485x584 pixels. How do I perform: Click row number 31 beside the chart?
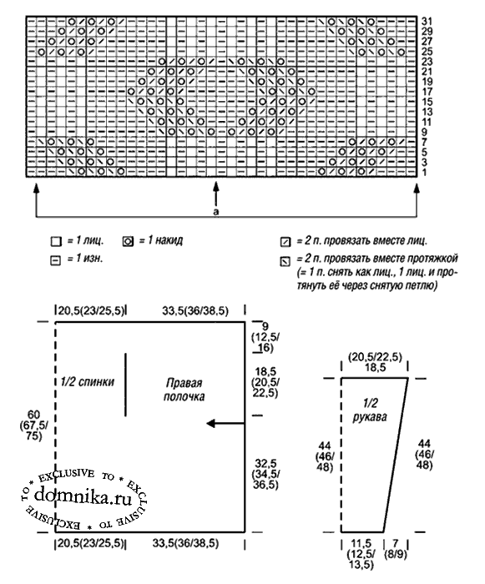click(x=427, y=21)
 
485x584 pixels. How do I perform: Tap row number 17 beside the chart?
click(x=427, y=92)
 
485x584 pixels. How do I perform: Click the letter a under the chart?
click(x=216, y=212)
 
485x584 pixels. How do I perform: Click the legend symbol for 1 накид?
click(x=128, y=242)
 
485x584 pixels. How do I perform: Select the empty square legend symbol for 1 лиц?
click(x=56, y=242)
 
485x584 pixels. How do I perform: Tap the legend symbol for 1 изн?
click(x=55, y=260)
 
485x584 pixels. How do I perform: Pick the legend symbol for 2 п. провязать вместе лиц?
click(x=285, y=242)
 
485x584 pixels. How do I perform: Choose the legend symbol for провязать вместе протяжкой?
click(x=285, y=261)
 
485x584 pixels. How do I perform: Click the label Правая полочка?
click(x=184, y=390)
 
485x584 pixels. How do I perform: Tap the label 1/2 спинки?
click(x=88, y=382)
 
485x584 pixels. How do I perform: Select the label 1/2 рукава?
click(x=370, y=410)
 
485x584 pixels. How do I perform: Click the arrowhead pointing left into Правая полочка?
click(x=211, y=424)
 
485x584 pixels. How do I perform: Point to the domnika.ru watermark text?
click(x=83, y=496)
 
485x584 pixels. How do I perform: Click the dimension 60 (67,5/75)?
click(x=33, y=425)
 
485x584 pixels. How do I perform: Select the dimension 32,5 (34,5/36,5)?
click(x=265, y=474)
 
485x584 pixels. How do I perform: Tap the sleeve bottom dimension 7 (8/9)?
click(x=395, y=549)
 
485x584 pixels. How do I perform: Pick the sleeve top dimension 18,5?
click(x=375, y=368)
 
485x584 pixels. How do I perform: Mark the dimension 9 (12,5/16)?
click(x=265, y=337)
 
